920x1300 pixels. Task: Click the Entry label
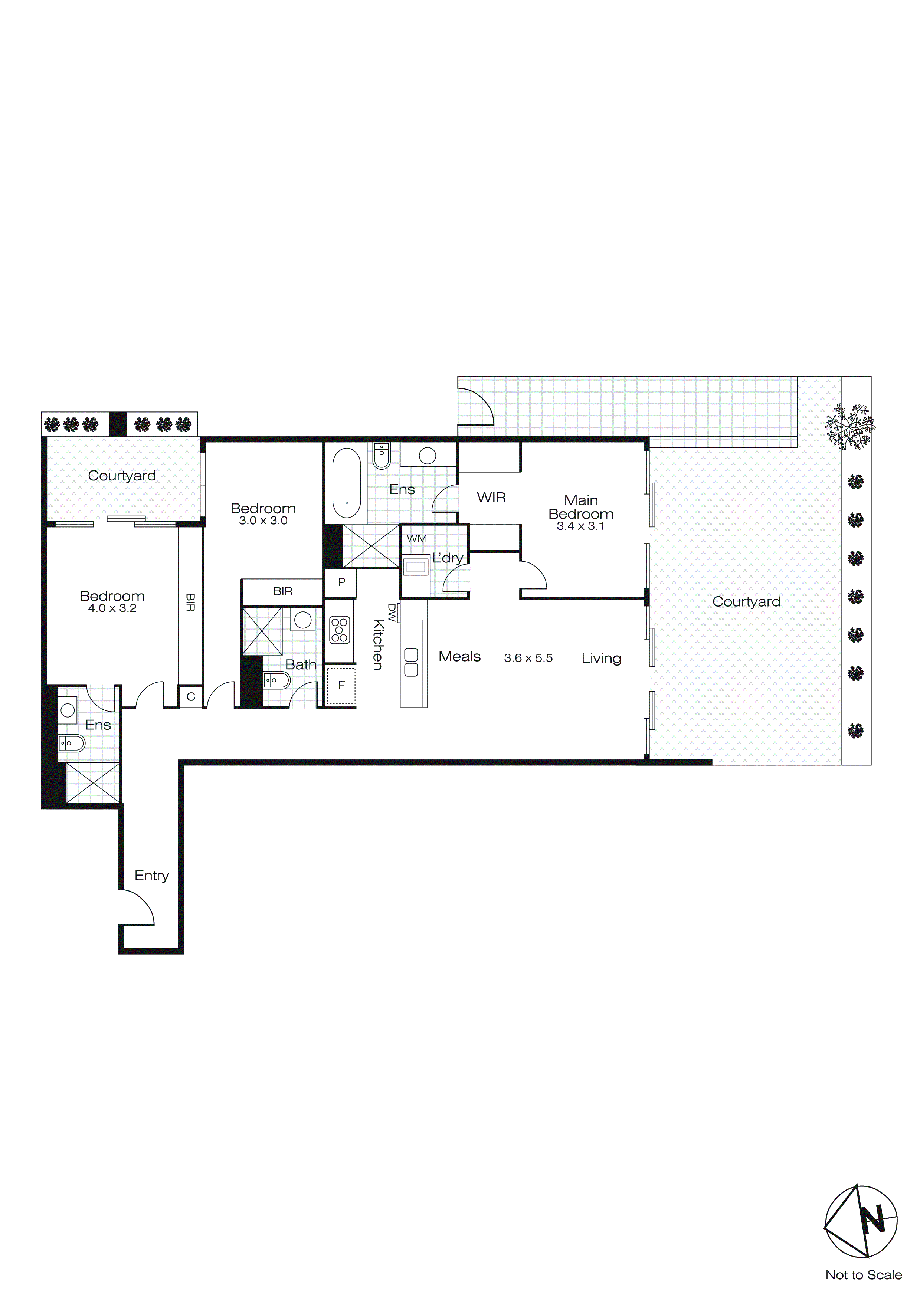(152, 876)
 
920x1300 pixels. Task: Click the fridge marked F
(341, 686)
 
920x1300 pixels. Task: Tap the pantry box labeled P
(341, 582)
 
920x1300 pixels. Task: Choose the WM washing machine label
(416, 538)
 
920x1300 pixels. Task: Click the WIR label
(491, 498)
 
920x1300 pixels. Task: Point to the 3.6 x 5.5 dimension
(528, 658)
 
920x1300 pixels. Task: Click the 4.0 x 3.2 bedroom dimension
(112, 609)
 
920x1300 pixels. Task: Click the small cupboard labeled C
(191, 697)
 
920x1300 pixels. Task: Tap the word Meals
(459, 657)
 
